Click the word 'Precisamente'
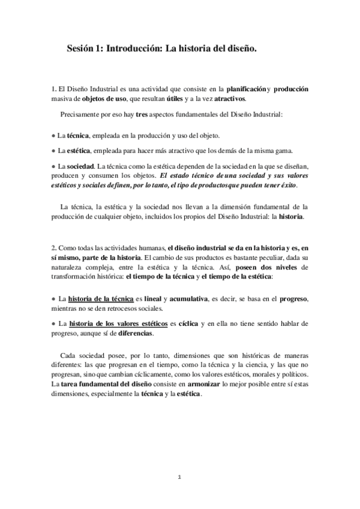point(82,114)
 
